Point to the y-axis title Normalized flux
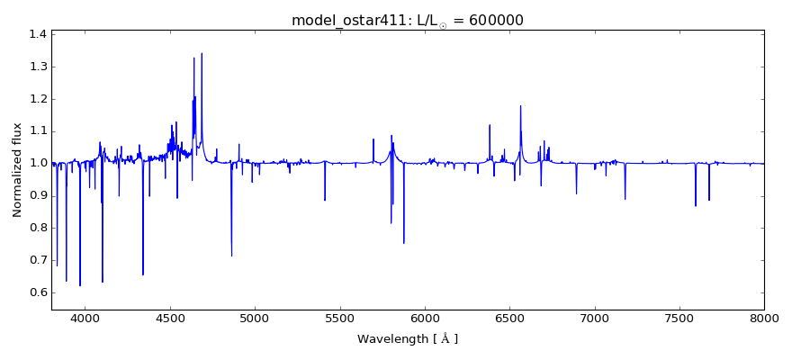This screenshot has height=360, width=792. tap(17, 171)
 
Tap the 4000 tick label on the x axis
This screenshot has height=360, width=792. tap(85, 318)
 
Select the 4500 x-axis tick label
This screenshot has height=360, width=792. tap(170, 318)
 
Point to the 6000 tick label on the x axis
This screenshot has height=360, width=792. tap(425, 318)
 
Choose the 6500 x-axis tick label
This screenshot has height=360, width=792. tap(509, 318)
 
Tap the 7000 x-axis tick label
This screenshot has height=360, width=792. tap(594, 318)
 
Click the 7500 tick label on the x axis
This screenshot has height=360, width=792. tap(679, 318)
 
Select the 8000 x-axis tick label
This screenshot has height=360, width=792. tap(764, 318)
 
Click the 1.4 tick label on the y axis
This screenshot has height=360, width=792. tap(37, 34)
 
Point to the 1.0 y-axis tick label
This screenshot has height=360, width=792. tap(37, 163)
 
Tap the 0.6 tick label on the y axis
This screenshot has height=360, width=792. tap(37, 292)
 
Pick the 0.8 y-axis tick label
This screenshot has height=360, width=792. tap(37, 228)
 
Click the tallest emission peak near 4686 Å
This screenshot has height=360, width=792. tap(202, 53)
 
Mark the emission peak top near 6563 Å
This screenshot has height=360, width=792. tap(520, 106)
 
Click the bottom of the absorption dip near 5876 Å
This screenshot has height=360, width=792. tap(404, 243)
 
